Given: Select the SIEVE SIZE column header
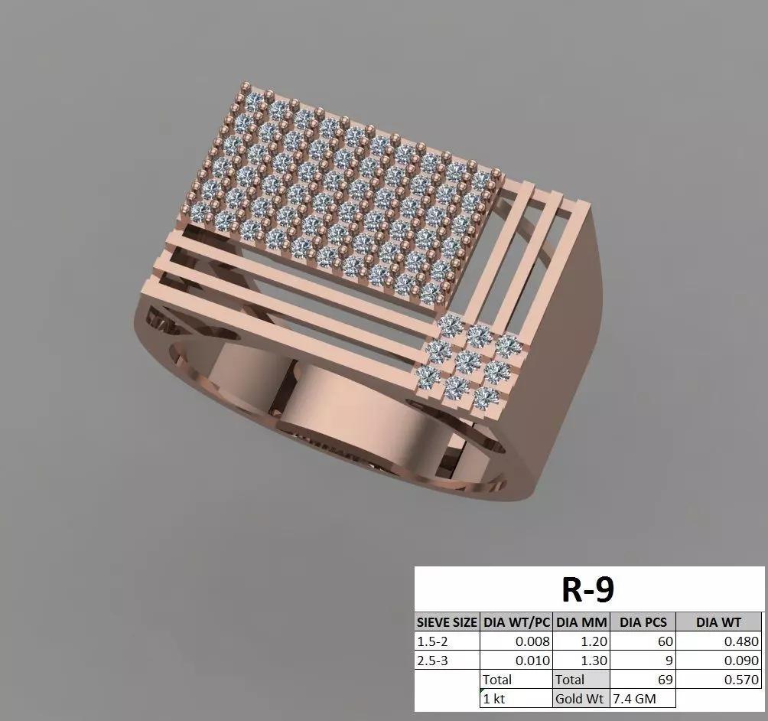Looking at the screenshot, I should coord(447,622).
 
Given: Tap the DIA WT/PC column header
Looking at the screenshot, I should coord(516,622).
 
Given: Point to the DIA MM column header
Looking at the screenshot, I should coord(581,622).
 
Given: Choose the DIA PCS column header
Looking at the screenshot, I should coord(643,622).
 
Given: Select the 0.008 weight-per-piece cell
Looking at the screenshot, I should coord(533,641).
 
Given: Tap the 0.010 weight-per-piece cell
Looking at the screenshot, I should coord(533,660).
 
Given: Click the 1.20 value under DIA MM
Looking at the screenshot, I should coord(594,641).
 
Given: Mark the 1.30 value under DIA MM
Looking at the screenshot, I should coord(594,660).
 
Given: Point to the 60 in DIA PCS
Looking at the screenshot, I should coord(662,641).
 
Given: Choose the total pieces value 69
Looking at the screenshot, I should coord(662,679).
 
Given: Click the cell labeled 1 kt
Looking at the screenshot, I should coord(494,698).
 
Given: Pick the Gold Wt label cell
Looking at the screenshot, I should coord(580,698).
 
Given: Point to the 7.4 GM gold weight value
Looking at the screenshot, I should coord(633,698).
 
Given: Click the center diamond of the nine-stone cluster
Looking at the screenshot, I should coord(467,362).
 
